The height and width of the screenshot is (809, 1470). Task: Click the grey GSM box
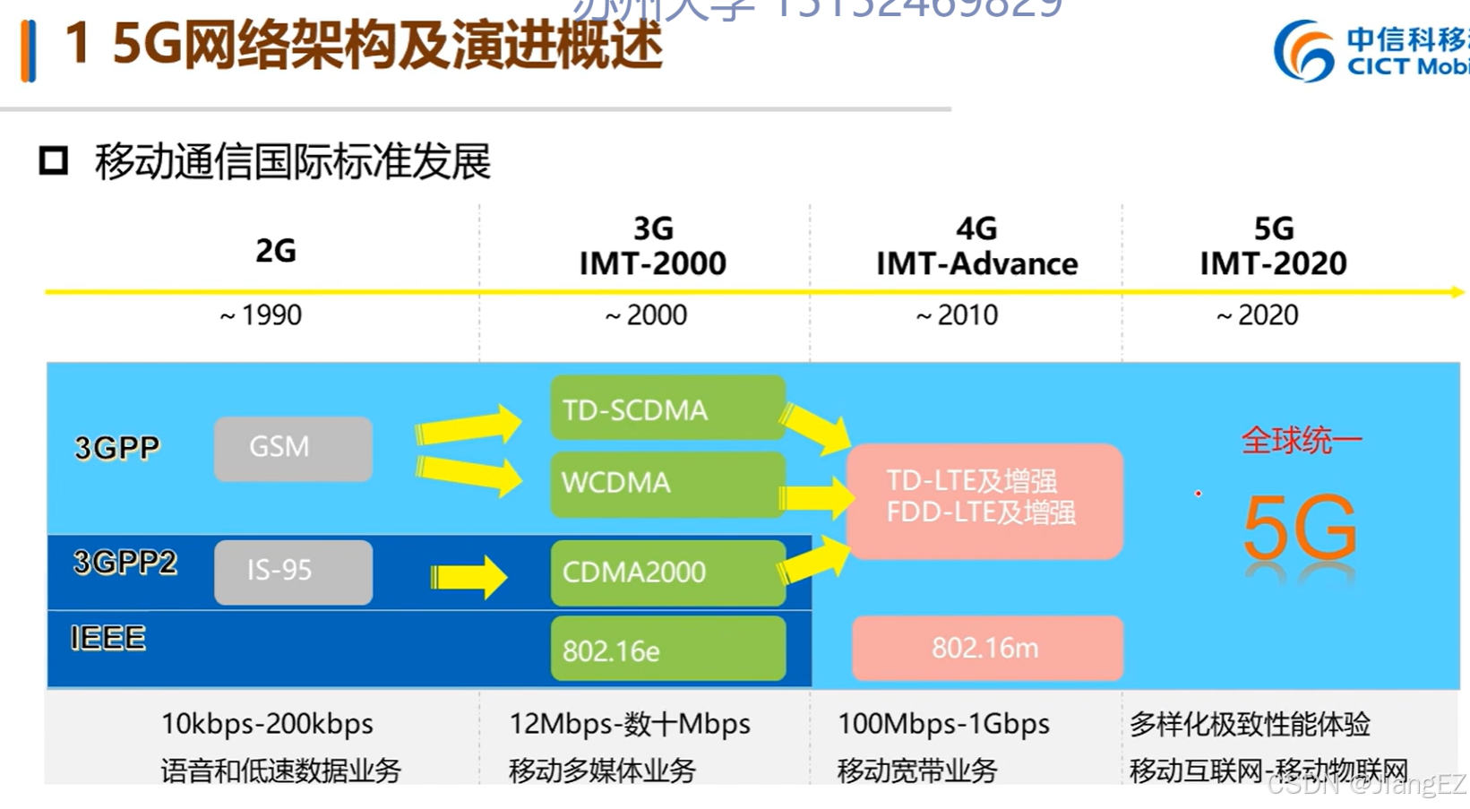coord(293,448)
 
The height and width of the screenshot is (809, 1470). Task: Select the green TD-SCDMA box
coord(667,409)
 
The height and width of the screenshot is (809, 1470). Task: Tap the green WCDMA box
coord(667,484)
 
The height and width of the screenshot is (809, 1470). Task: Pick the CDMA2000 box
coord(667,572)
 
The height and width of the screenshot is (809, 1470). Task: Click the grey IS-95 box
coord(293,572)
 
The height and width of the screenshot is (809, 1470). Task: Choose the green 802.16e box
coord(667,649)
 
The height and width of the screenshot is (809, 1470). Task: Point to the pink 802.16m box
coord(986,648)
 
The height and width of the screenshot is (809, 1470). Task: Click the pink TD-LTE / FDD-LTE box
coord(984,500)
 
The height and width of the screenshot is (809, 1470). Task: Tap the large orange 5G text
coord(1300,529)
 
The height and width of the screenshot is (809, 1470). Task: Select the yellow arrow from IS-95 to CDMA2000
coord(469,576)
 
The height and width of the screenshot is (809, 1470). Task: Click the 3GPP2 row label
coord(125,563)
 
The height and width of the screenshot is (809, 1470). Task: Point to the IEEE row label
coord(107,638)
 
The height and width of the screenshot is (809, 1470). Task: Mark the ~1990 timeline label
coord(261,315)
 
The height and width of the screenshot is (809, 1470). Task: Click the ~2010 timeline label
coord(957,315)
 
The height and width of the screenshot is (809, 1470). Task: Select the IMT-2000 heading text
coord(652,263)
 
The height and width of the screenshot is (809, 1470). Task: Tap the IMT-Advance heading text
coord(976,263)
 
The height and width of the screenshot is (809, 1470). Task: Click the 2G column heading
coord(275,250)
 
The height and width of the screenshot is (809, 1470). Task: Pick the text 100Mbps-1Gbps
coord(943,724)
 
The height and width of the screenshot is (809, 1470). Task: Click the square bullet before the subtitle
coord(54,161)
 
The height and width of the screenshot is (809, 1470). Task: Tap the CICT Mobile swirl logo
coord(1303,51)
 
